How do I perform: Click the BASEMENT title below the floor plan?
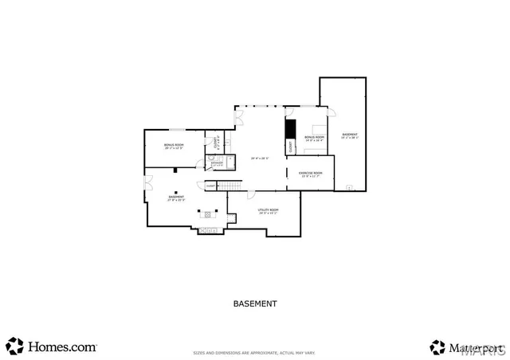coord(255,303)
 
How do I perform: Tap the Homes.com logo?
coord(52,347)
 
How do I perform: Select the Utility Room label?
coord(268,211)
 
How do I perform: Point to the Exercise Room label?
coord(310,174)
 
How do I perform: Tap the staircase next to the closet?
coord(229,186)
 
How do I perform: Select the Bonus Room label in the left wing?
coord(174,146)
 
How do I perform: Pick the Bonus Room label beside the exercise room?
coord(314,138)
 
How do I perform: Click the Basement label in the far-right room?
coord(350,135)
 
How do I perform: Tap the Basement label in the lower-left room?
coord(176,198)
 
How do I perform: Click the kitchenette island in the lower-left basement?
coord(210,213)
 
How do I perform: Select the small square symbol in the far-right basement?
coord(348,188)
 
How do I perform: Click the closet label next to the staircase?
coord(210,186)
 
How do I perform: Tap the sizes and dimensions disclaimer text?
coord(255,352)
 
